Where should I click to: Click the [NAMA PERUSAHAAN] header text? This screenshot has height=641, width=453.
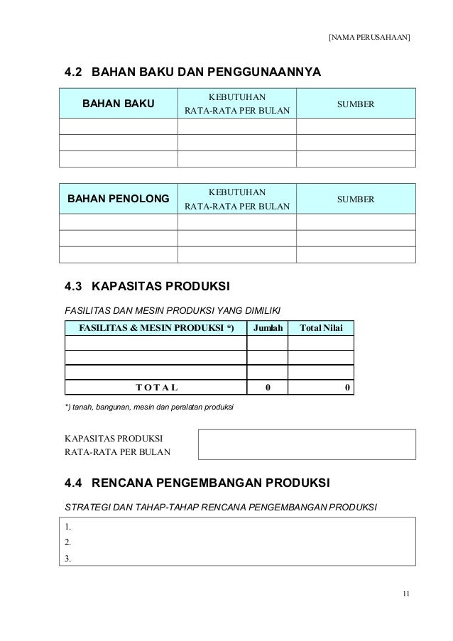pos(370,36)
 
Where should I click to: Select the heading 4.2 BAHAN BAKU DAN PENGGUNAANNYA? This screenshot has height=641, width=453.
pos(192,72)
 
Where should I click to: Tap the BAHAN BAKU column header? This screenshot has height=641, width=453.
pos(119,104)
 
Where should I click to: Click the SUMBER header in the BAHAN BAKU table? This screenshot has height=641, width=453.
pos(356,104)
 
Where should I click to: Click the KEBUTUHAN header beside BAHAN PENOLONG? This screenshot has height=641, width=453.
pos(237,191)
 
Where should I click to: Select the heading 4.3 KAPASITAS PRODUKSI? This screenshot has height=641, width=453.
pos(147,287)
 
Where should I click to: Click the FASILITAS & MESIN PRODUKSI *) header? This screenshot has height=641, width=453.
pos(156,328)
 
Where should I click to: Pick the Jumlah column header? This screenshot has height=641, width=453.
pos(268,328)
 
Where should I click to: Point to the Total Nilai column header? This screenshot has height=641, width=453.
pos(322,328)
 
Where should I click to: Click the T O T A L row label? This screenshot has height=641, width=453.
pos(156,388)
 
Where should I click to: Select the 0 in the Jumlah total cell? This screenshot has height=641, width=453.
pos(268,388)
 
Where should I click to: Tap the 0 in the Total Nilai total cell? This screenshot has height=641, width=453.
pos(346,388)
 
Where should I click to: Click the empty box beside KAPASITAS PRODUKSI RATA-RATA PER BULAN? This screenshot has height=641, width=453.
pos(307,444)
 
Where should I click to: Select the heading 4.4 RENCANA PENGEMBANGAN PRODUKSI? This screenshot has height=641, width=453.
pos(197,486)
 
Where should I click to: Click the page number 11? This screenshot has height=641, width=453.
pos(405,594)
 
